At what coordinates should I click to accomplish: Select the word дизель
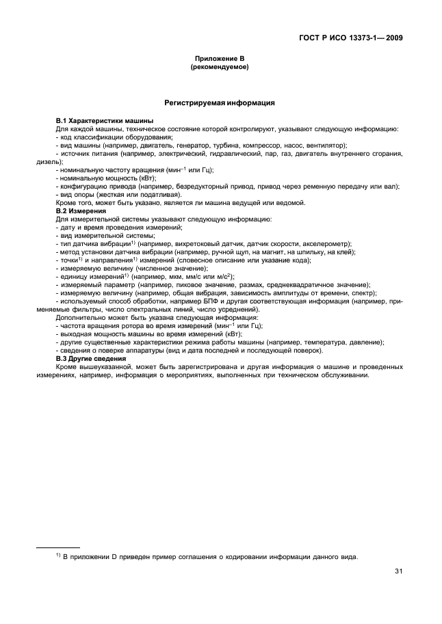click(32, 162)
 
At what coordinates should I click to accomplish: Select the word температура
click(319, 342)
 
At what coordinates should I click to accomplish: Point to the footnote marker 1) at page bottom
click(58, 555)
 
